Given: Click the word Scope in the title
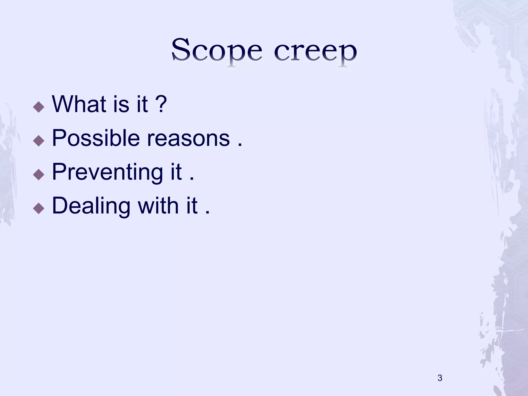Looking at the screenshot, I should [217, 50].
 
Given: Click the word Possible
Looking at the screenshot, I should [96, 138].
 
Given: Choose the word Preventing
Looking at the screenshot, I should [107, 172].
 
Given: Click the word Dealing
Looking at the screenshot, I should [91, 206].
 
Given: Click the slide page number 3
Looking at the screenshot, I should [440, 378].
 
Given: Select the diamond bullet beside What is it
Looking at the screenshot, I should [39, 107].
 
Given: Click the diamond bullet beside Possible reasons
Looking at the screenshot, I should [39, 141].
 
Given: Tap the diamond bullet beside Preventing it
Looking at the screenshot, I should [39, 174].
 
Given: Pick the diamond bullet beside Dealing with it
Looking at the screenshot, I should [39, 208].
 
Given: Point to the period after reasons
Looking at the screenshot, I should [240, 145].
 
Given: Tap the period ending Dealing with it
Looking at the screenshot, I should [208, 212].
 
